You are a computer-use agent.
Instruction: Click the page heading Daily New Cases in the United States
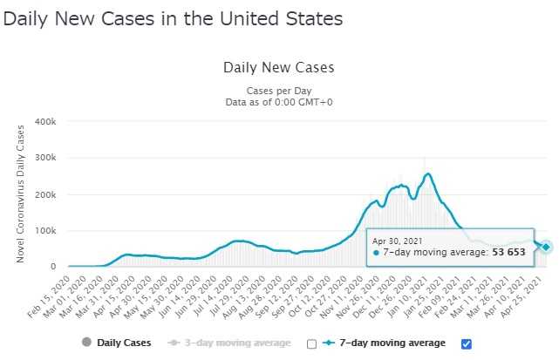[x=173, y=17]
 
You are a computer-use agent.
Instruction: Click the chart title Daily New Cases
[x=279, y=67]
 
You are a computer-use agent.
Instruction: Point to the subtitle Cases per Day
[x=279, y=91]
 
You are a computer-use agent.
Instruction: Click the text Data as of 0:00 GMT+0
[x=279, y=102]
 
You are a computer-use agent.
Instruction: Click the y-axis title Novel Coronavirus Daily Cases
[x=18, y=194]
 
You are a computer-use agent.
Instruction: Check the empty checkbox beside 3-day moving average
[x=311, y=343]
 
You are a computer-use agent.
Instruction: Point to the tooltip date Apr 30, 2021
[x=404, y=240]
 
